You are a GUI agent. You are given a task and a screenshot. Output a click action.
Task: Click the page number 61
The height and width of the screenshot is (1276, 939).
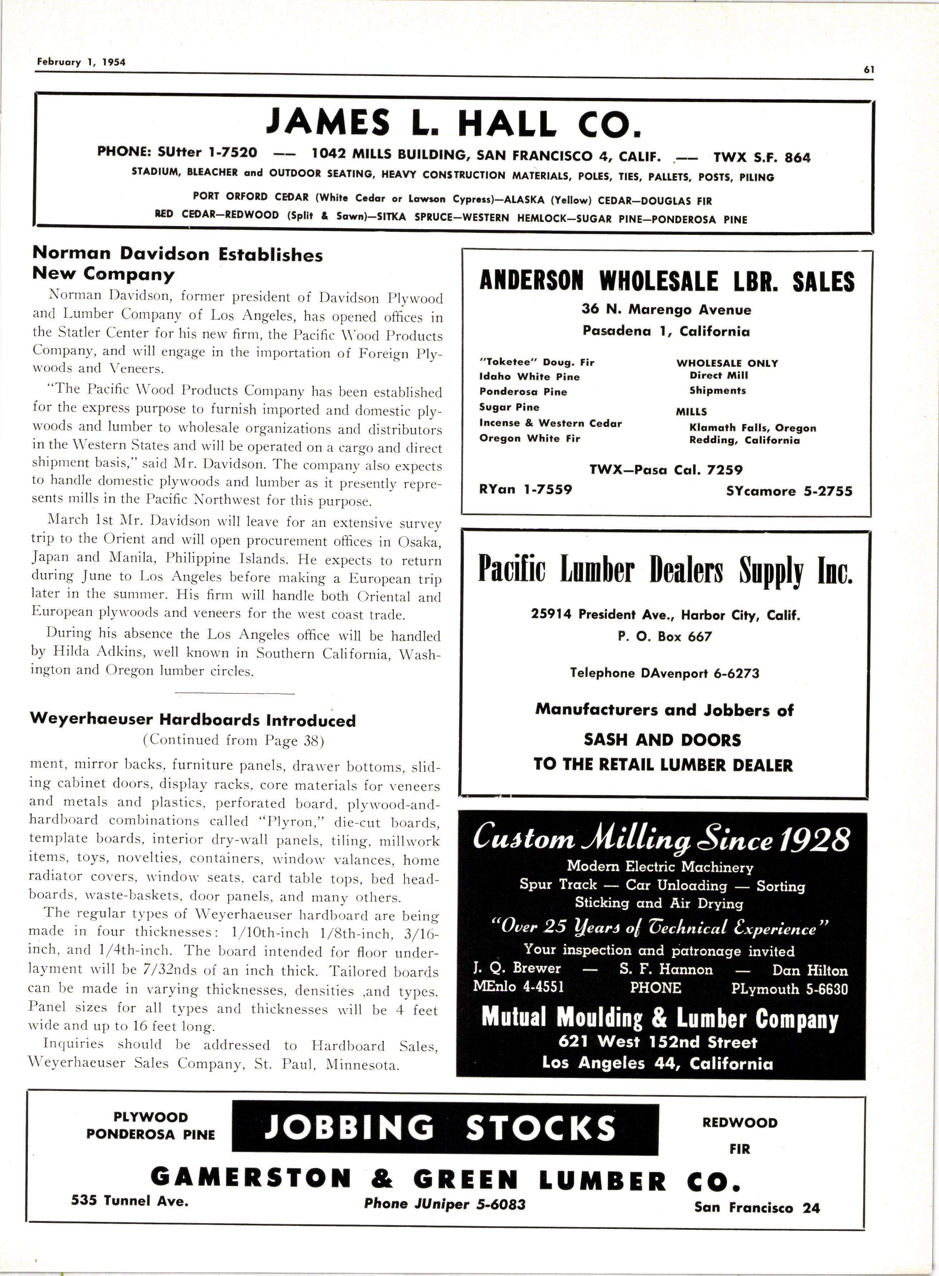point(868,70)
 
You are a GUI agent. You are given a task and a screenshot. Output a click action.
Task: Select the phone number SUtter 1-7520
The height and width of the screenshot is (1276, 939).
point(207,152)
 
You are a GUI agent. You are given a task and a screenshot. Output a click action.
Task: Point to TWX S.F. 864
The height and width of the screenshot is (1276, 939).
point(762,158)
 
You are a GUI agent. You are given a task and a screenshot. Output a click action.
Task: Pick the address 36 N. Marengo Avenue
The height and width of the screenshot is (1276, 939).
point(666,310)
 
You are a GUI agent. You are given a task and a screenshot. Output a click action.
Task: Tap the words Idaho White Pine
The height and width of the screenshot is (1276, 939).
point(529,377)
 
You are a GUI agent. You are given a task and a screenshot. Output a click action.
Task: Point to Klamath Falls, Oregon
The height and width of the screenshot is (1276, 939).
point(752,428)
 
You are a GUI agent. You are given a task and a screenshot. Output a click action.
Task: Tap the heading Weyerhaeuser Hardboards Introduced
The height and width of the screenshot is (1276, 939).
point(193,720)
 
